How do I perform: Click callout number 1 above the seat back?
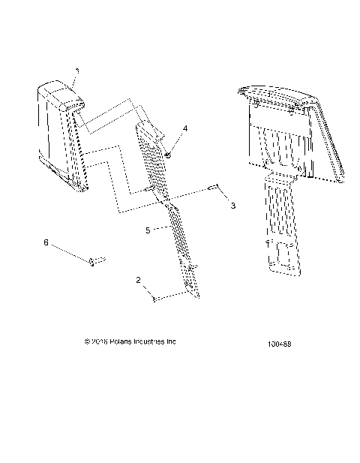tap(75, 71)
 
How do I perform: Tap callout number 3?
tap(232, 205)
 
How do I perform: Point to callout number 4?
tap(185, 128)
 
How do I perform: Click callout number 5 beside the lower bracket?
tap(148, 230)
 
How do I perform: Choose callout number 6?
tap(46, 243)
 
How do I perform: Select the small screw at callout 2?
tap(154, 299)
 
